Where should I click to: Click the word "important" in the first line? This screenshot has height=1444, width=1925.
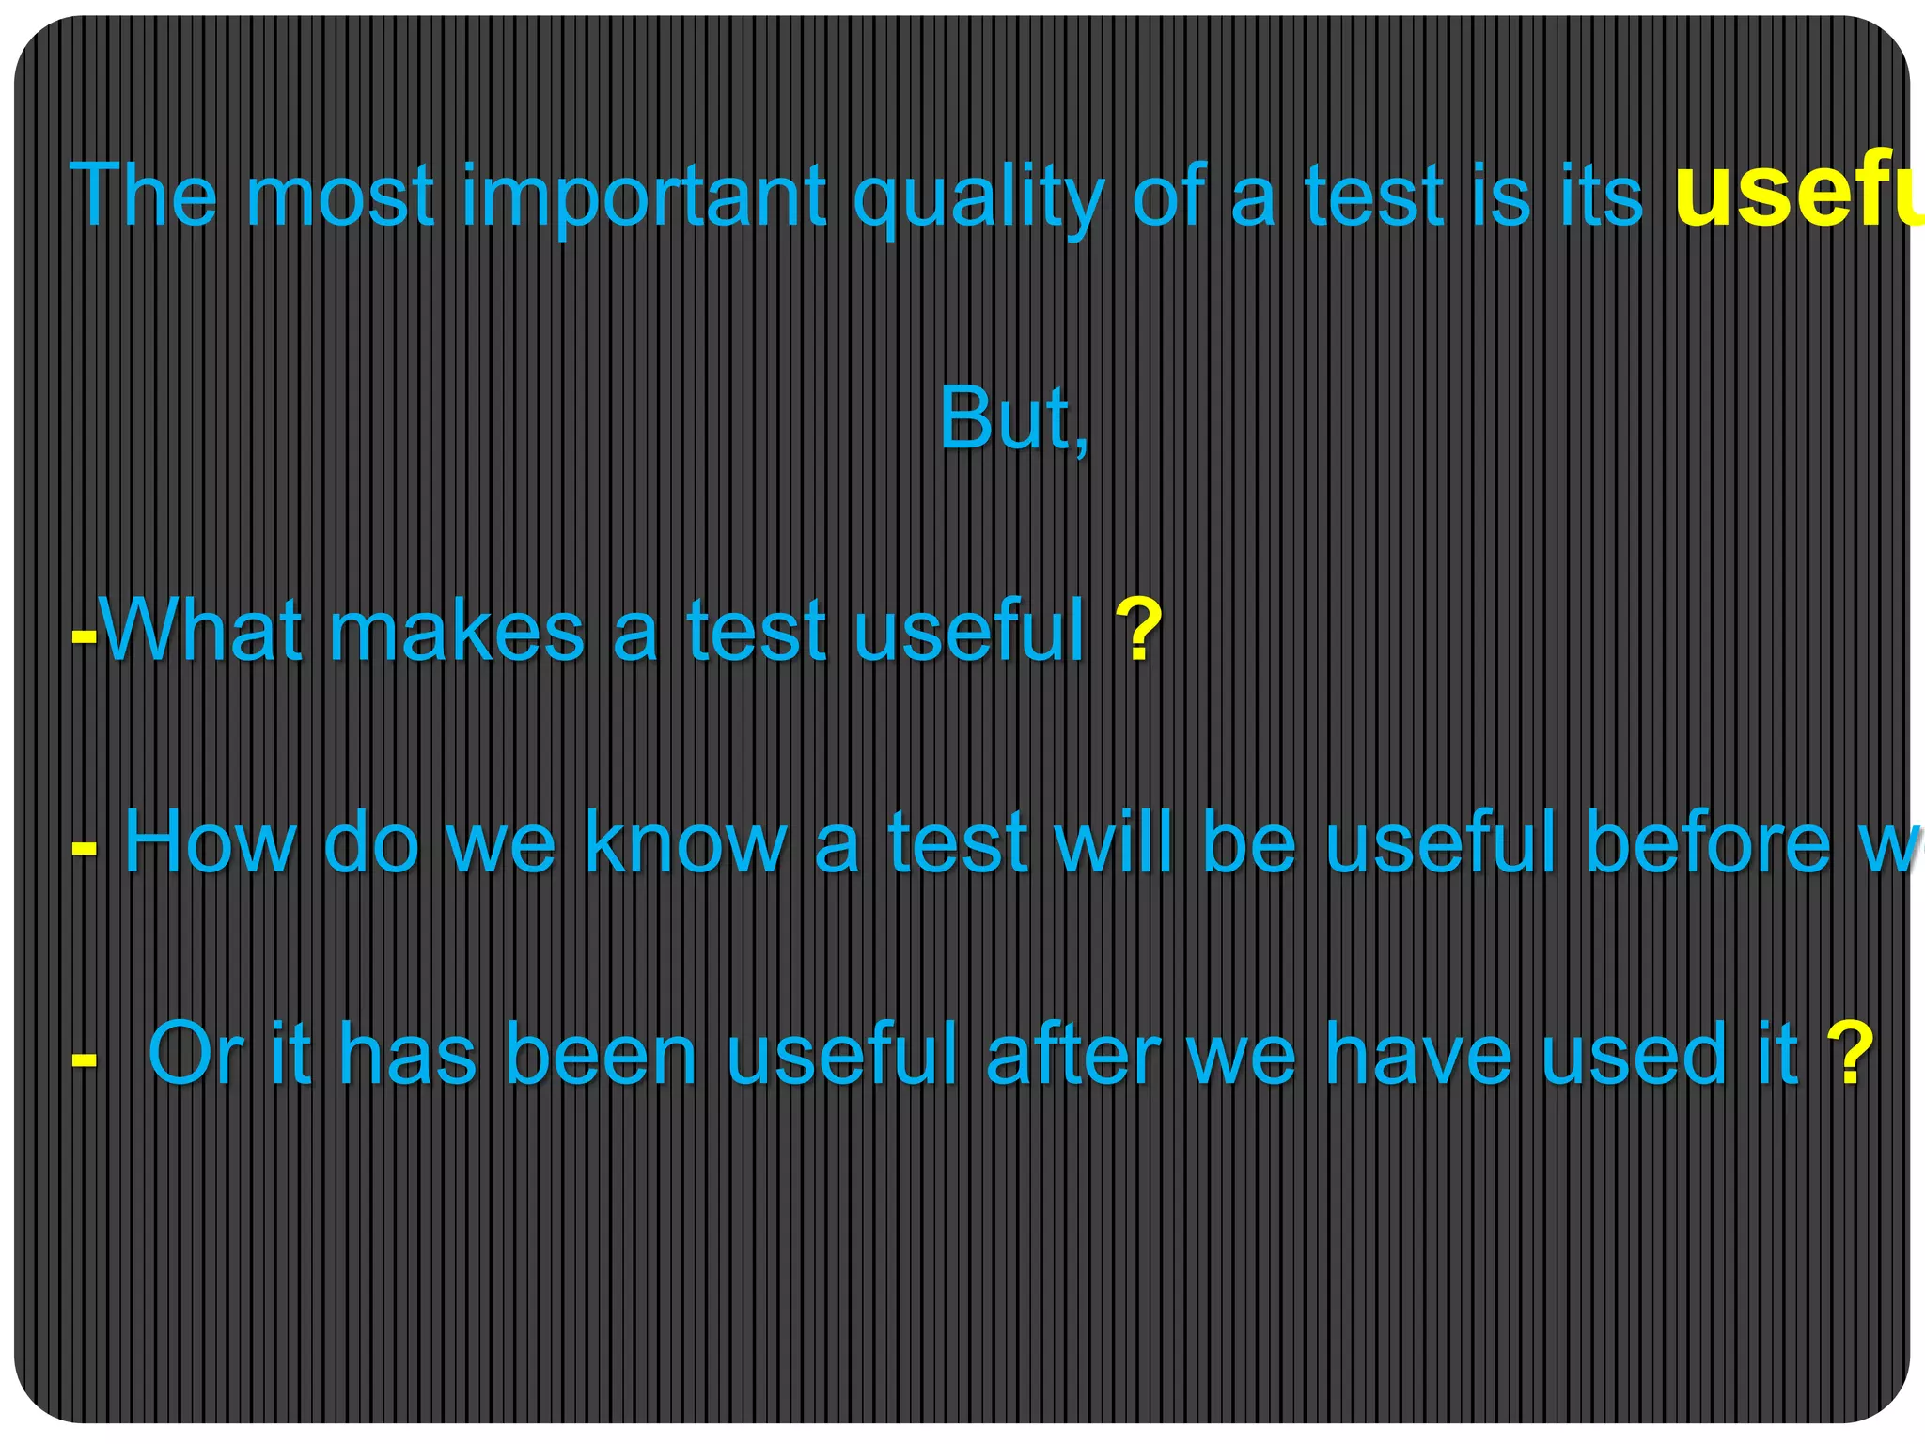(x=645, y=197)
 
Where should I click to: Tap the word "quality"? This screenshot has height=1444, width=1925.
(x=977, y=197)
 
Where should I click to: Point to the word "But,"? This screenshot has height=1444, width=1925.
(x=1014, y=419)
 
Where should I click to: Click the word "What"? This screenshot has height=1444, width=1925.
(x=201, y=631)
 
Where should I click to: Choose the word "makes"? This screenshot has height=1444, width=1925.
(x=457, y=631)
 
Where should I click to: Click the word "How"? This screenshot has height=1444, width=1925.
(x=211, y=842)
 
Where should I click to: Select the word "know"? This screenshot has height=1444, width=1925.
(x=685, y=842)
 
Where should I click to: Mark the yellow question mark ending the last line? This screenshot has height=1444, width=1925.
(x=1850, y=1055)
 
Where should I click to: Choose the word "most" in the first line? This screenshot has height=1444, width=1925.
(x=340, y=197)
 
